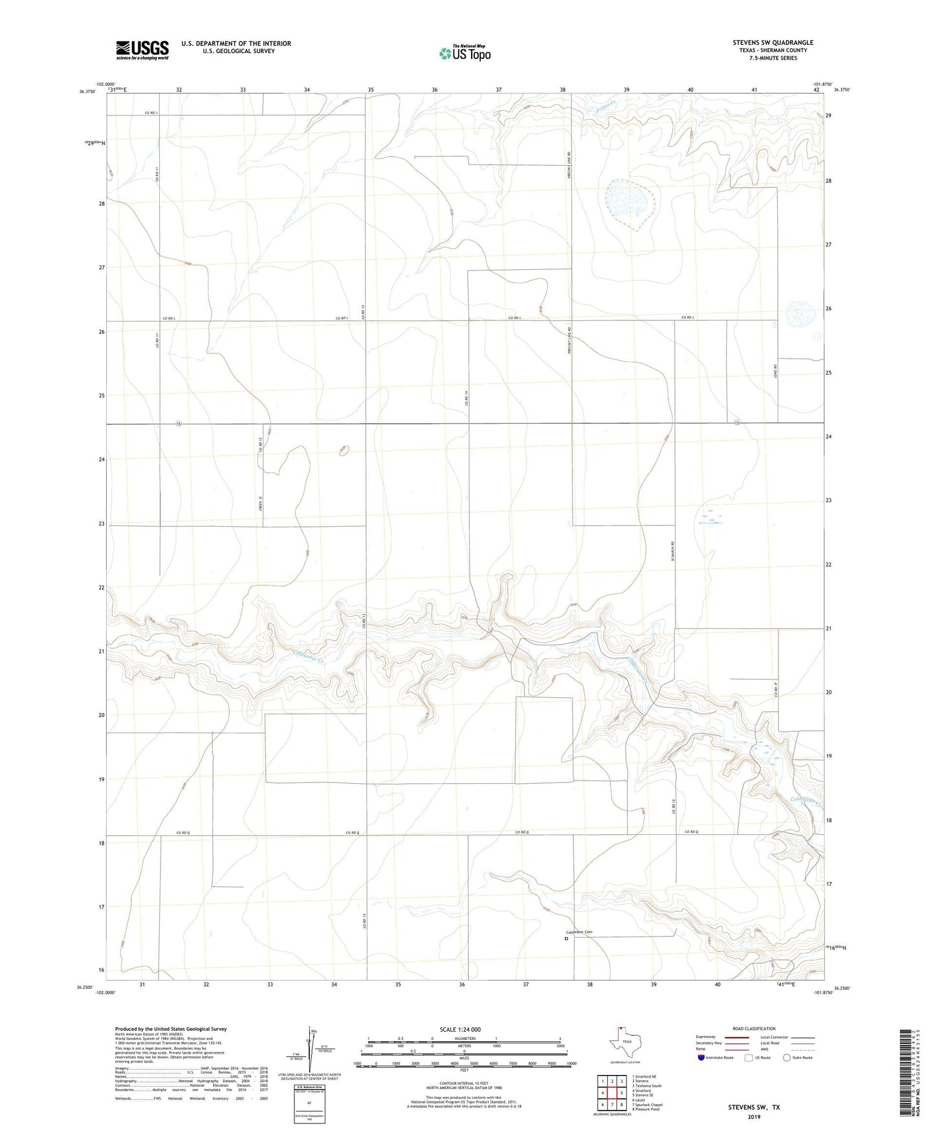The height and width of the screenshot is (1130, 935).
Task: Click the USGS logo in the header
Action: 142,50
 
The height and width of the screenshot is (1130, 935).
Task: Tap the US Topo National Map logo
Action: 464,52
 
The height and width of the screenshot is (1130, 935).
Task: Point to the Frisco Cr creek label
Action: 603,105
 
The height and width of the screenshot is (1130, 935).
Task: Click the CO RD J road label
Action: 151,113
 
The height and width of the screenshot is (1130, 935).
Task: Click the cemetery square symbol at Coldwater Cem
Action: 566,938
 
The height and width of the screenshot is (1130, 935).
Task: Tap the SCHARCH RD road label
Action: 673,551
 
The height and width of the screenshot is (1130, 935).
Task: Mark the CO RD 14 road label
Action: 466,400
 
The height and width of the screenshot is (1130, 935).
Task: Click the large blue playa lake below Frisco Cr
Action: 629,202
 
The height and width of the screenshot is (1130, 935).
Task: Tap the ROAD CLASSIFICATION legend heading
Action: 754,1028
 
